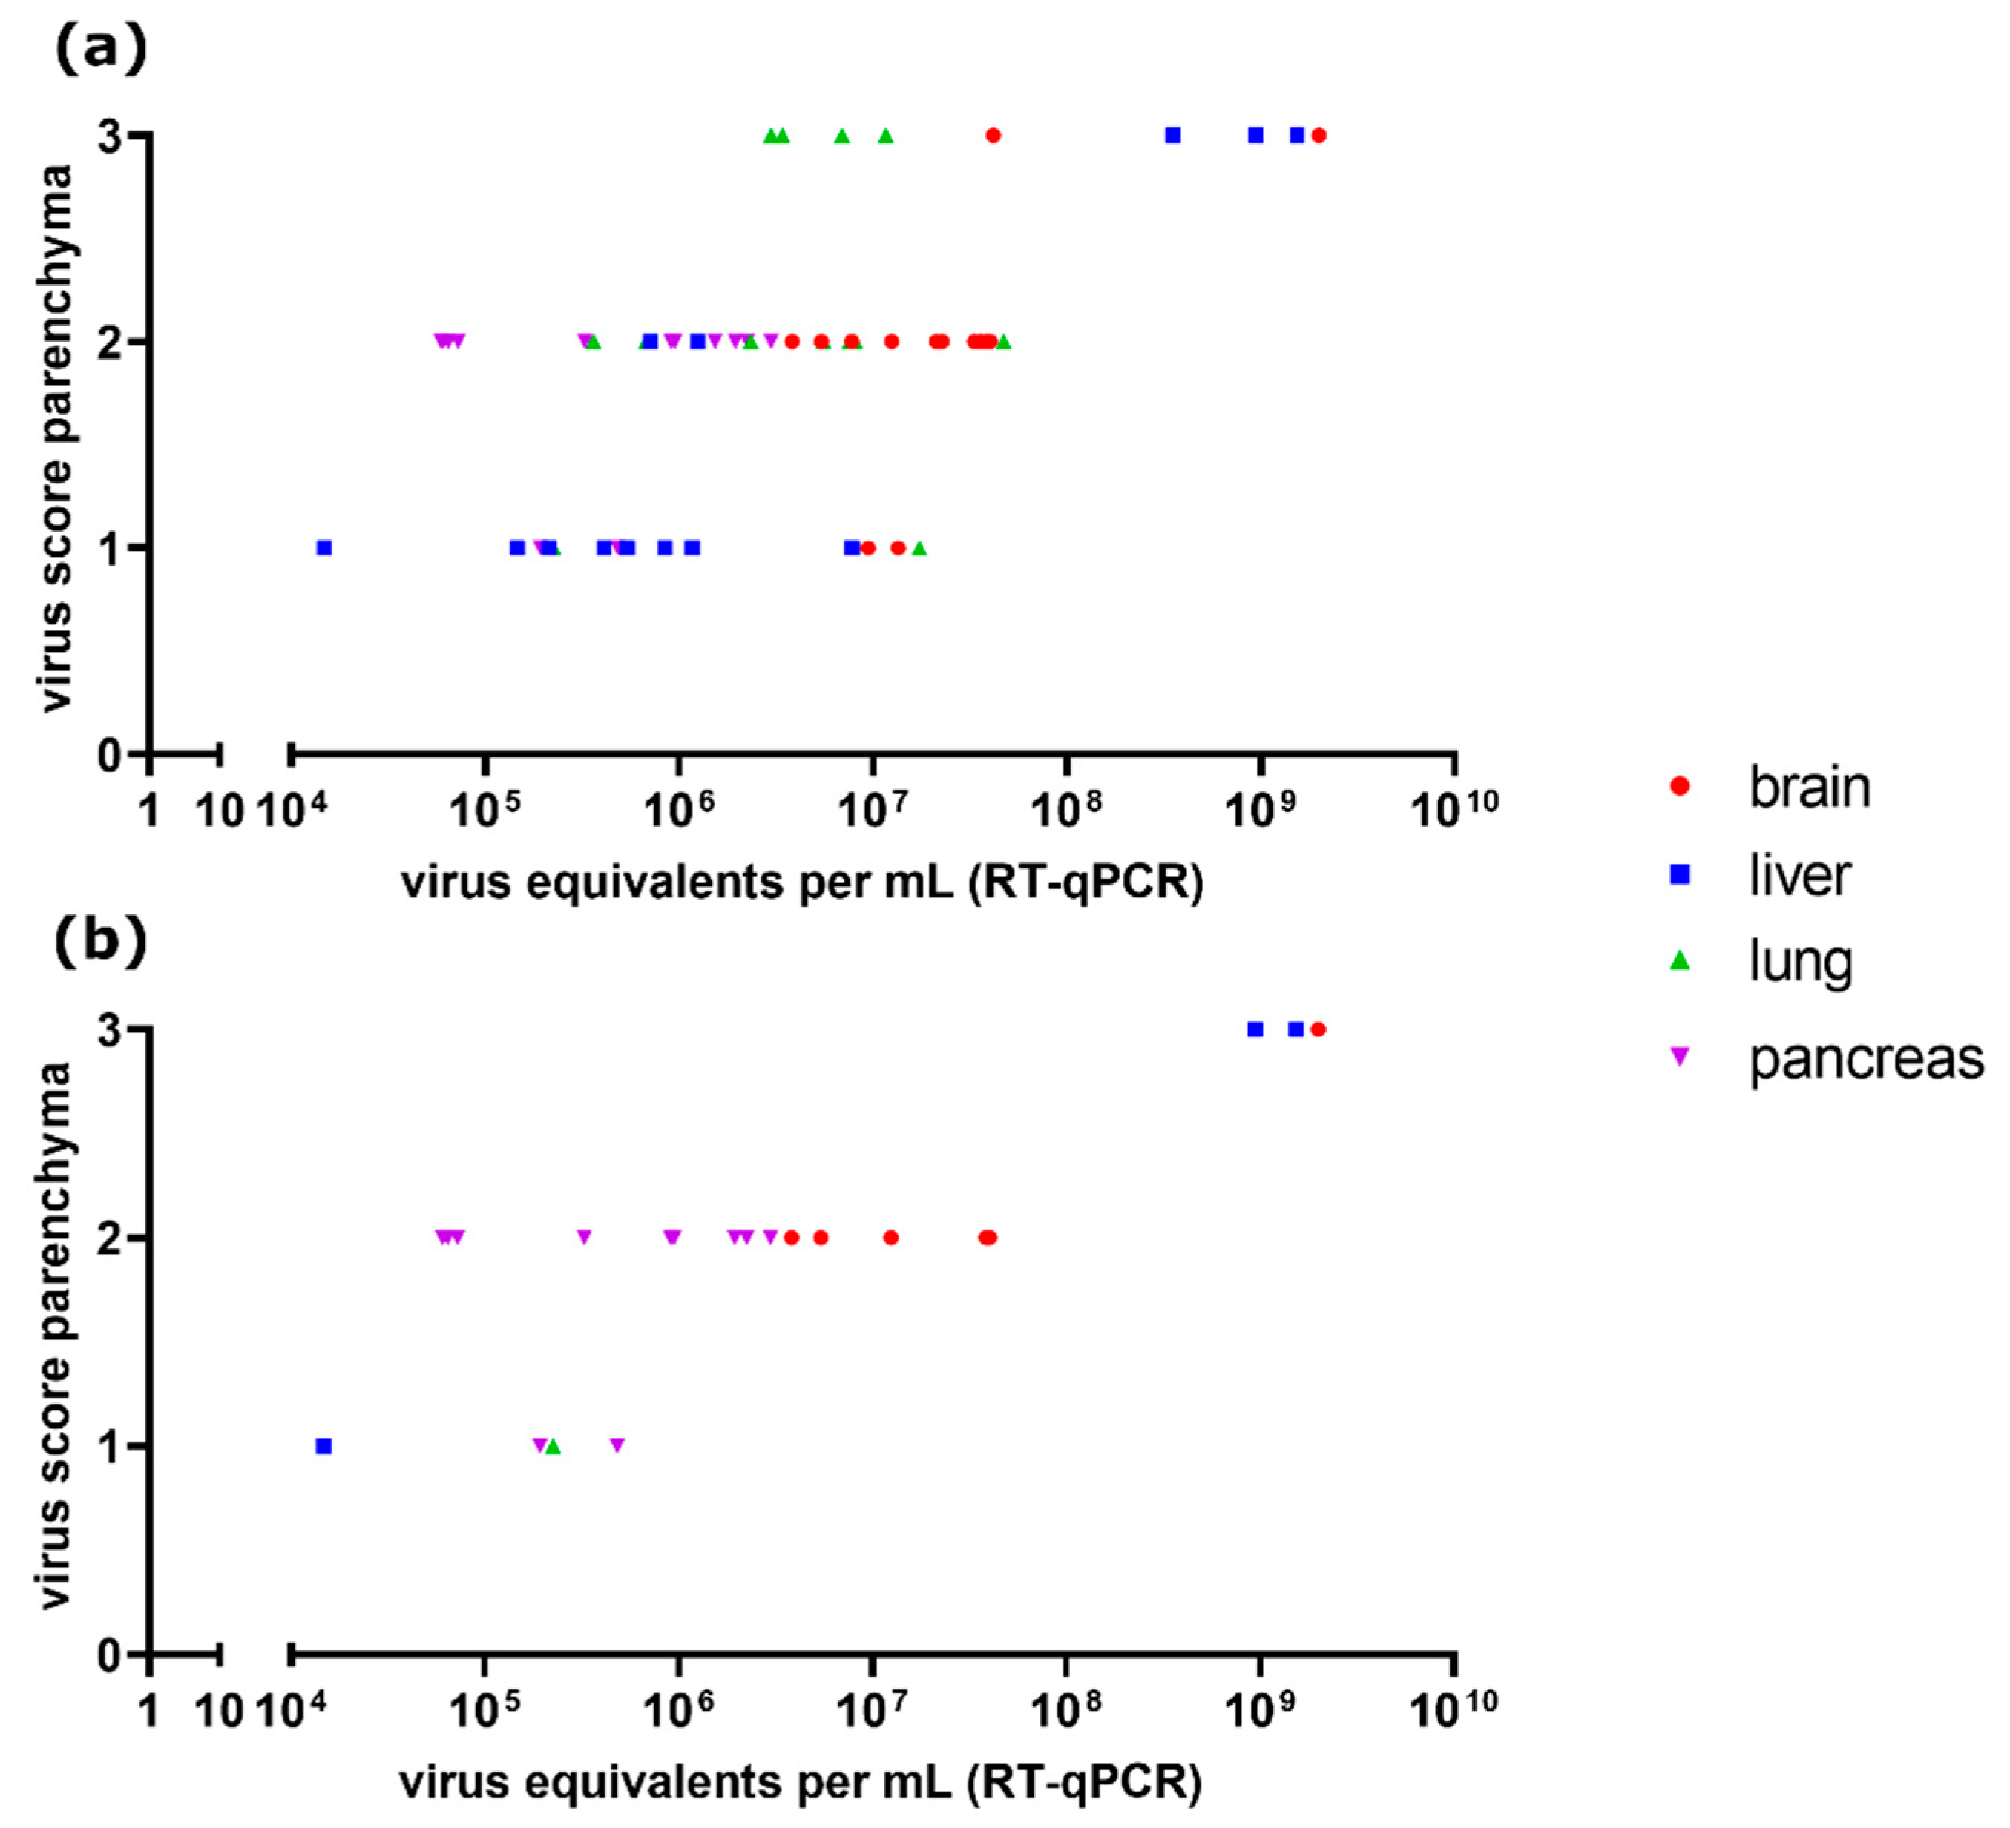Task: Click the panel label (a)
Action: tap(99, 49)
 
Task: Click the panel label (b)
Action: tap(99, 942)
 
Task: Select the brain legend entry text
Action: tap(1810, 788)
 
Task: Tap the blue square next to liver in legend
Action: tap(1680, 875)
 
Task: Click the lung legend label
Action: tap(1801, 963)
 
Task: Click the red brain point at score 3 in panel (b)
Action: tap(1318, 1029)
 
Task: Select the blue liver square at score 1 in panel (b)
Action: tap(323, 1446)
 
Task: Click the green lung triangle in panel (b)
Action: tap(554, 1446)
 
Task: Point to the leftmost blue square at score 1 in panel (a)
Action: tap(323, 548)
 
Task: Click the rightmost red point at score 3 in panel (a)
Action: tap(1319, 136)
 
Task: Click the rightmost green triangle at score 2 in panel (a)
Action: tap(1003, 342)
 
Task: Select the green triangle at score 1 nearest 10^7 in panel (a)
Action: tap(919, 548)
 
